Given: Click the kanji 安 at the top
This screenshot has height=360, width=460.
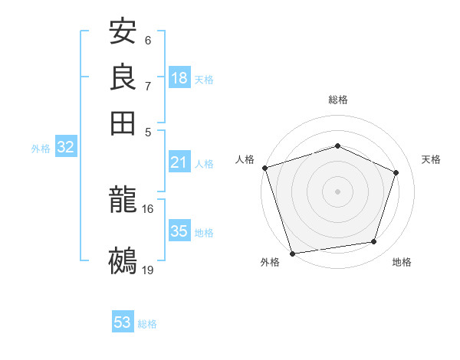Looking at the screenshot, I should coord(123,32).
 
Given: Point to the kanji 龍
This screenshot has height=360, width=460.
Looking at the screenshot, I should coord(123,201).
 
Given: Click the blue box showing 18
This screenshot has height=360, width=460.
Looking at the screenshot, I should coord(179,77).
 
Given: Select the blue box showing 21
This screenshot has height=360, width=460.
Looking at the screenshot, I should coord(179,162).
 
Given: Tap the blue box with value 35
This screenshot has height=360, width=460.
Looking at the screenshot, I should coord(179,231).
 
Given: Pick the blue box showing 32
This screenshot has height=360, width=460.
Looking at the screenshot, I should coord(65,148).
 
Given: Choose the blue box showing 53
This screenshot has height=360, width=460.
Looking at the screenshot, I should coord(123,322).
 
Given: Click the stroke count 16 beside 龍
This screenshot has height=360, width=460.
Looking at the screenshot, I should coord(148,208).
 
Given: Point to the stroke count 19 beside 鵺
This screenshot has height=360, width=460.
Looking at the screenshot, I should coord(148,269).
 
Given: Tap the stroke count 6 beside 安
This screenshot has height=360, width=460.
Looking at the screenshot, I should coord(148,40).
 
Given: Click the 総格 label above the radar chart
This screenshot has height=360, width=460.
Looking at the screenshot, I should coord(337,100).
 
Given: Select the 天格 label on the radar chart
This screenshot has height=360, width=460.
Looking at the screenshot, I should coord(431,159).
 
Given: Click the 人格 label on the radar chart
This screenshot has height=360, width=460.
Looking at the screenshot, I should coord(245,159).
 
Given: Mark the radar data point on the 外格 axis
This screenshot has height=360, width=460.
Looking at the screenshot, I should coord(293,253).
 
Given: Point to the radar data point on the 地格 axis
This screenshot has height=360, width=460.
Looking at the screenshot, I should coord(374,242).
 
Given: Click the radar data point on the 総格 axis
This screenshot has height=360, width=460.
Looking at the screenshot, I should coord(337,146).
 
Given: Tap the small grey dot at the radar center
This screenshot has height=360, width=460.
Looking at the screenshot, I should coord(337,191).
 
